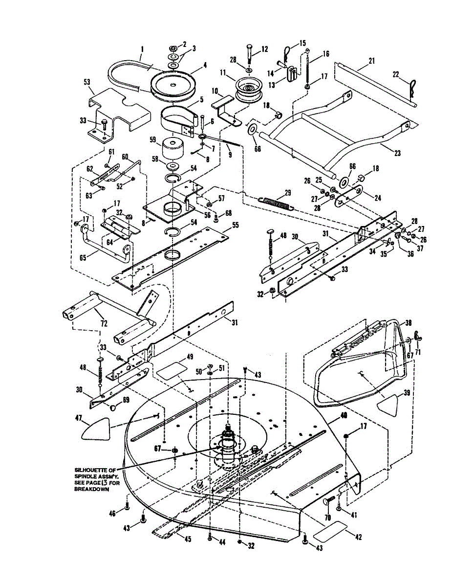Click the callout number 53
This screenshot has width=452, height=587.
click(x=88, y=91)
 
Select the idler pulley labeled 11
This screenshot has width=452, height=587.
click(x=248, y=90)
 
